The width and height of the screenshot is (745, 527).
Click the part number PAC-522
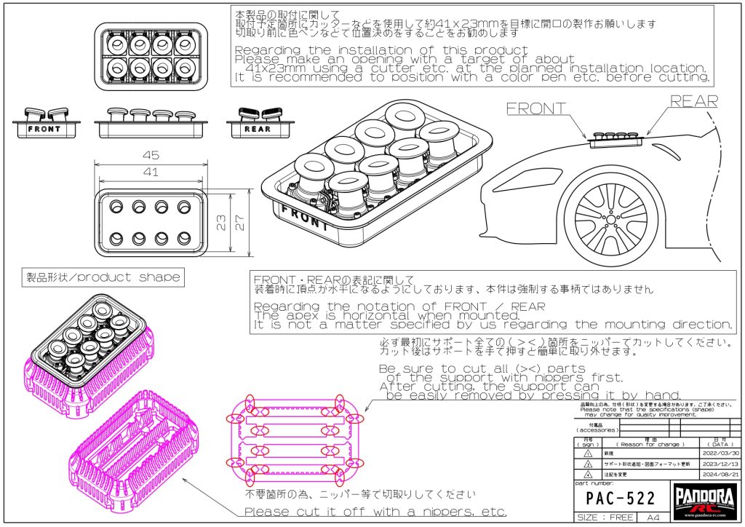pos(621,499)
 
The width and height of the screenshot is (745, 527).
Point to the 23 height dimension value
pos(222,222)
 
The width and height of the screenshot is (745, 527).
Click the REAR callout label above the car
pos(693,101)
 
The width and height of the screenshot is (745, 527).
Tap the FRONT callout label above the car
pos(536,108)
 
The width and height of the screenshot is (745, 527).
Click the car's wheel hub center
pos(610,220)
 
